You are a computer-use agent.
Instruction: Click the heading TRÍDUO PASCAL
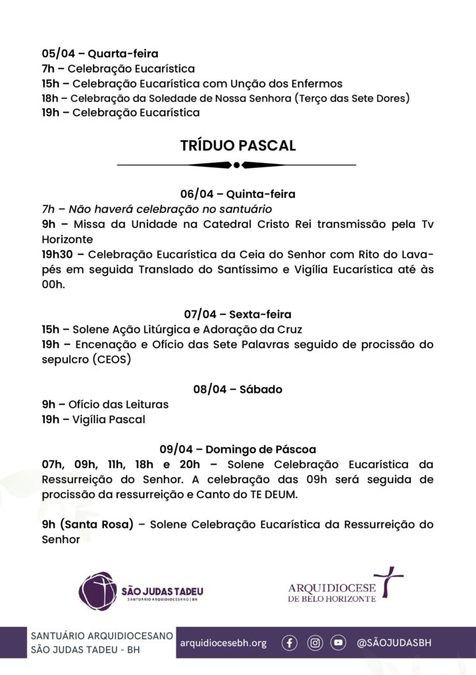pos(238,145)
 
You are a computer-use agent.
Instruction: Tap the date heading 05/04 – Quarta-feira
pos(100,53)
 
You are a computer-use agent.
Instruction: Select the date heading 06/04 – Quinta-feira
pos(238,194)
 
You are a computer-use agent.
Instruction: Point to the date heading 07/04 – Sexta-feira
pos(238,314)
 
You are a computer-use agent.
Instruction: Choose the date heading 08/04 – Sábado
pos(238,389)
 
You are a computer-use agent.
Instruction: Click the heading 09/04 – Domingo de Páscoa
pos(238,450)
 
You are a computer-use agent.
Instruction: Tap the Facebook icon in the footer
pos(290,643)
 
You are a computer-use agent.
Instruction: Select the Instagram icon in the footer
pos(315,643)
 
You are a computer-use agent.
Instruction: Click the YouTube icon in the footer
pos(338,643)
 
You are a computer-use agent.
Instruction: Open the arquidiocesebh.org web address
pos(223,643)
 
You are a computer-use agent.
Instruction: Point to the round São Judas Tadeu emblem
pos(97,590)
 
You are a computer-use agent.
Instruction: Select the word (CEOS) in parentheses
pos(111,359)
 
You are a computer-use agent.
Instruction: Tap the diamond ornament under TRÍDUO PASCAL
pos(238,164)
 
